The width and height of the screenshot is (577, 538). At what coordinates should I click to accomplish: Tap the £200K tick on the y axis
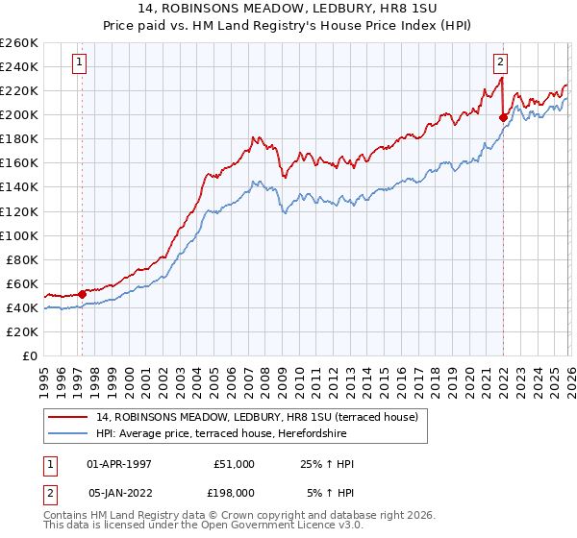coord(19,115)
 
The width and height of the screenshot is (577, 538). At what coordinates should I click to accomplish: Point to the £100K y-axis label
coord(19,235)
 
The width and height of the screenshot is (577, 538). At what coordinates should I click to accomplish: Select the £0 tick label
coord(29,355)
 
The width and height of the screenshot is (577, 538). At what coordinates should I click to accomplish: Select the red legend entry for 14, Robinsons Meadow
coord(257,417)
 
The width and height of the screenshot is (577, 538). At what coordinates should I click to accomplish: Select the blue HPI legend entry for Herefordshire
coord(242,434)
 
